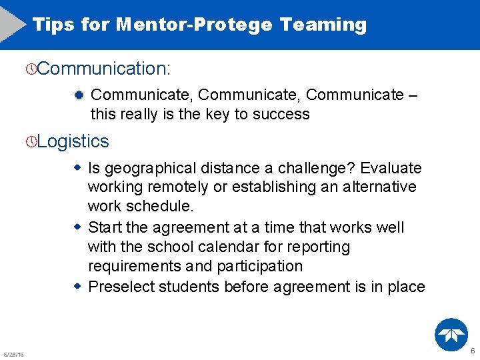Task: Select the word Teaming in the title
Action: (x=323, y=25)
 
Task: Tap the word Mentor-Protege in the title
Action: (x=193, y=25)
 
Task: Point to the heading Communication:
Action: (x=104, y=68)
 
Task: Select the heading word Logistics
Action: (x=73, y=141)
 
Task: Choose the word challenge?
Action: (x=317, y=168)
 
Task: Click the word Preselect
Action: (x=121, y=287)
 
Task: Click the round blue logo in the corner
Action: (x=451, y=335)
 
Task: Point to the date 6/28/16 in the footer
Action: (x=13, y=354)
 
